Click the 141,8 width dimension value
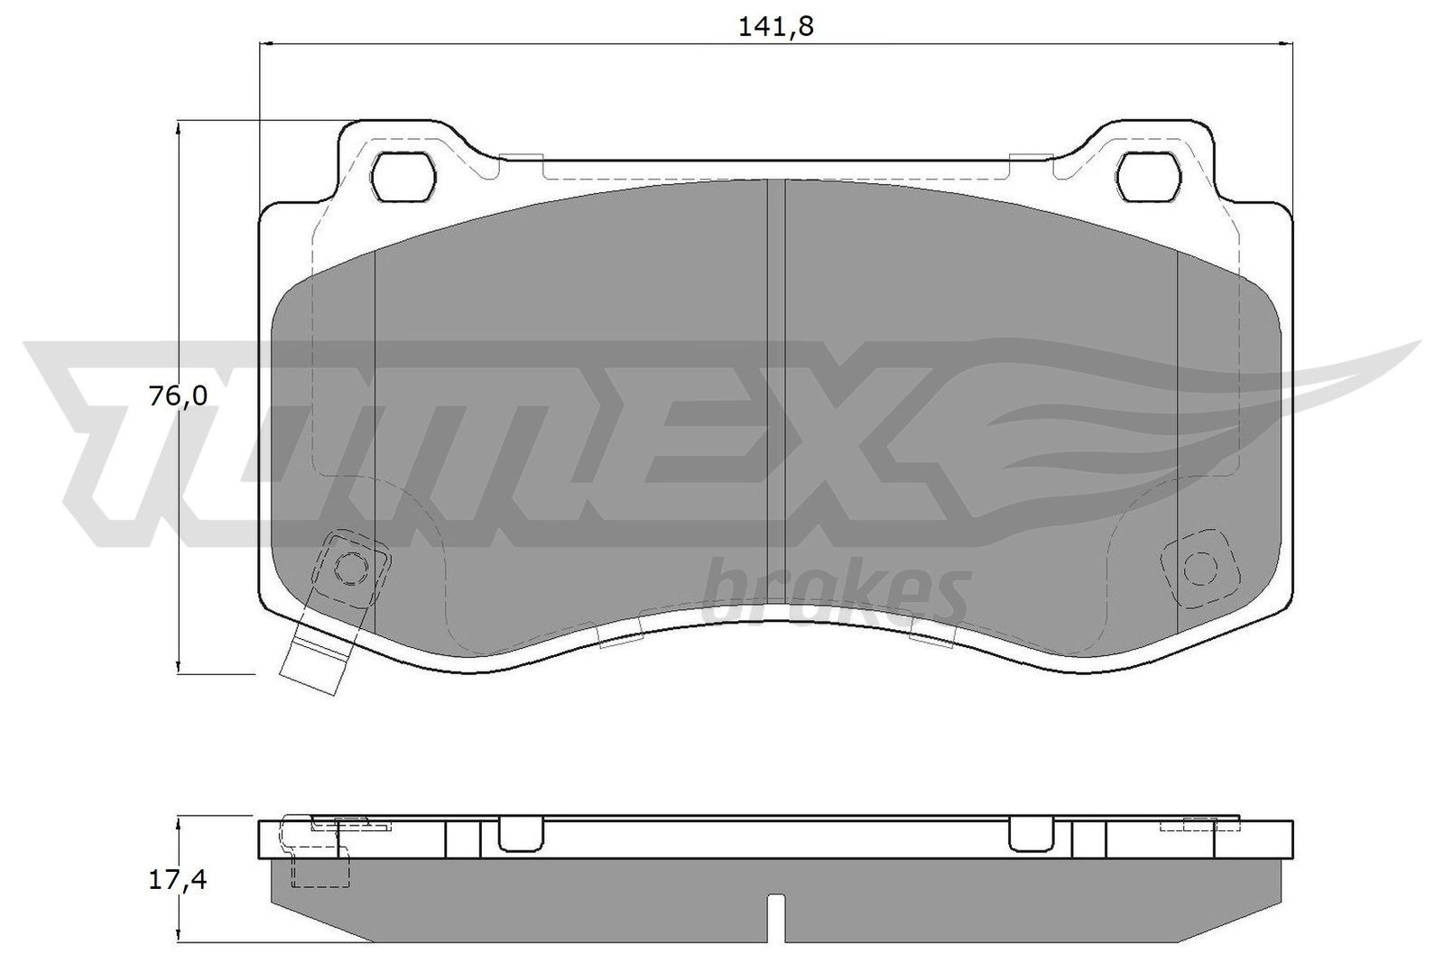point(775,26)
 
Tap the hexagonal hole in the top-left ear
point(403,175)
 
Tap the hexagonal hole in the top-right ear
point(1148,175)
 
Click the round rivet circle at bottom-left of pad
point(350,567)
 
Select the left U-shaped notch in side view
point(520,834)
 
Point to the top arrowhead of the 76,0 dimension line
point(180,127)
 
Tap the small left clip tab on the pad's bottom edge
point(621,636)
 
